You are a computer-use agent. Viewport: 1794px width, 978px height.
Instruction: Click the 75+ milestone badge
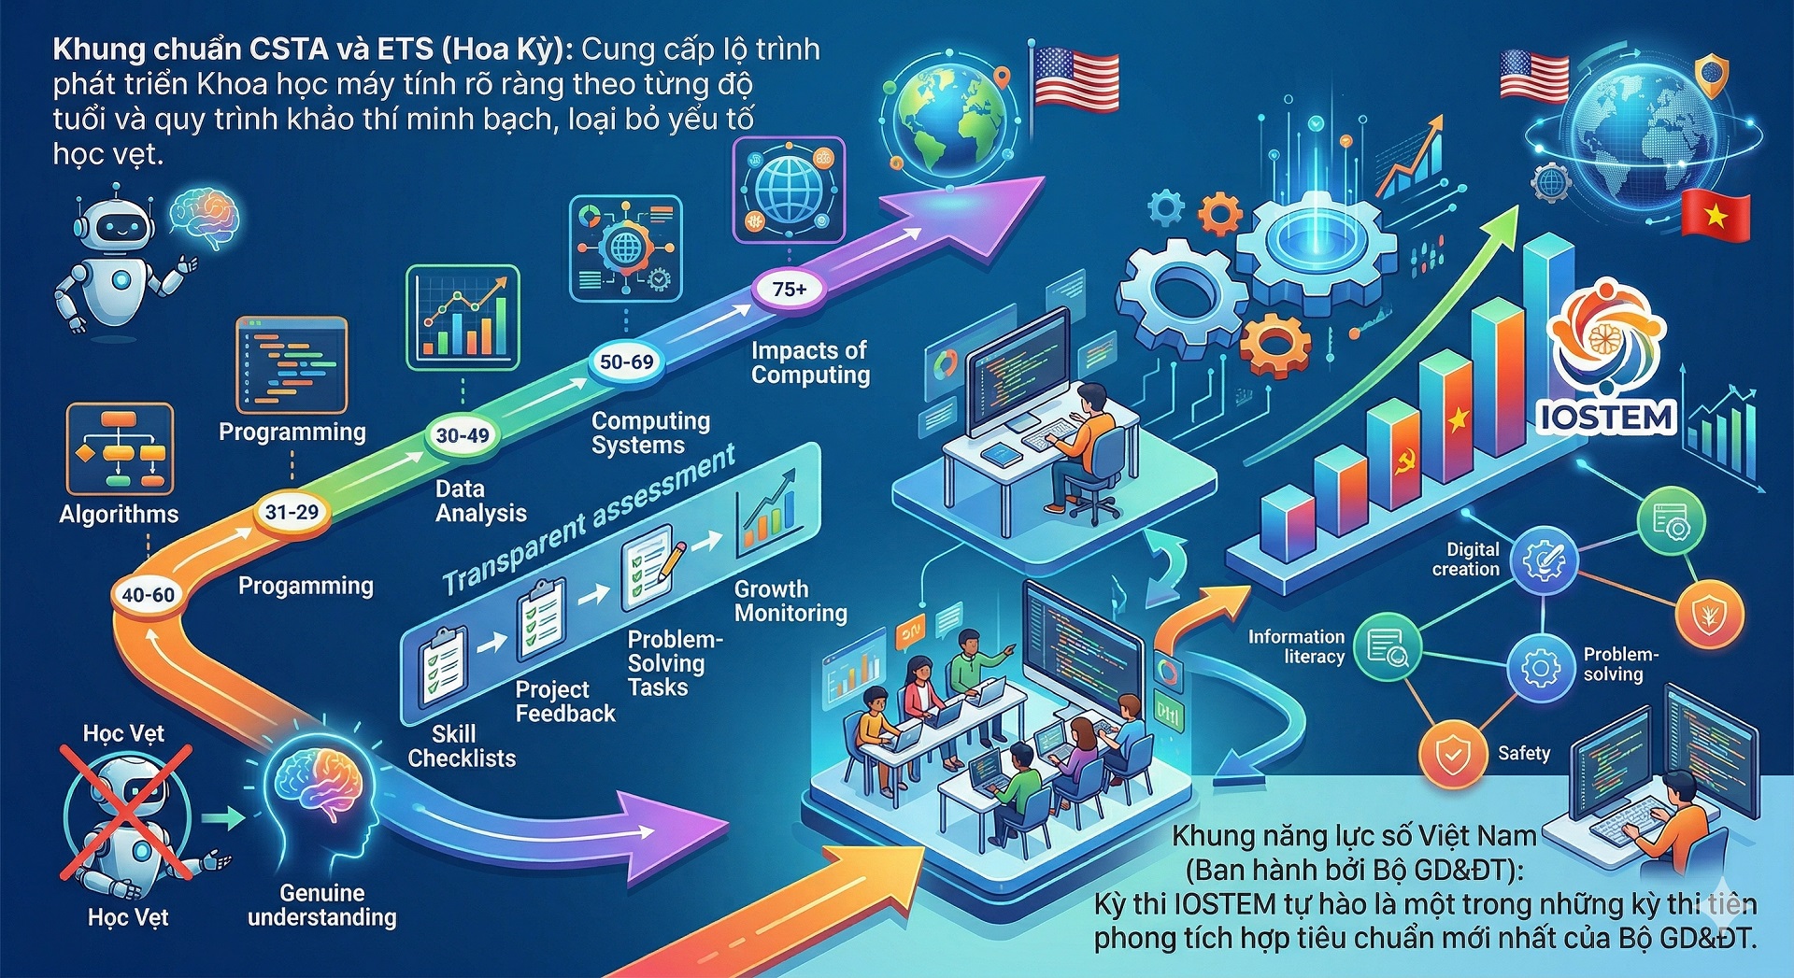(x=790, y=290)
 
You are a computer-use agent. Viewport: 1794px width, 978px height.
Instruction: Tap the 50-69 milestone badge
(x=626, y=362)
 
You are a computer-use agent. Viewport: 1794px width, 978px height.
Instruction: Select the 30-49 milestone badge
(x=463, y=435)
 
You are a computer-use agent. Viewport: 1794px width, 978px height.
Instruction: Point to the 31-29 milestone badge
(x=292, y=512)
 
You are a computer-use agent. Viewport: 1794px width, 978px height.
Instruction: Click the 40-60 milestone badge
(x=148, y=595)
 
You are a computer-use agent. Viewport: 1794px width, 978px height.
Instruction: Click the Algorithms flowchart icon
(x=120, y=449)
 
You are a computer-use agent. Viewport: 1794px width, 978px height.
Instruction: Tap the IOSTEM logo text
(x=1606, y=417)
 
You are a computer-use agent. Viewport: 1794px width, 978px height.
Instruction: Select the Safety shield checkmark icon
(x=1452, y=753)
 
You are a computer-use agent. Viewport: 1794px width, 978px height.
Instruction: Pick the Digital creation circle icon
(x=1544, y=560)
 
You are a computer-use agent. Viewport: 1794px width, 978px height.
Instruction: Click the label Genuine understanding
(x=321, y=905)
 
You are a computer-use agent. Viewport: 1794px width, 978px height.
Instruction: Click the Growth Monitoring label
(x=790, y=602)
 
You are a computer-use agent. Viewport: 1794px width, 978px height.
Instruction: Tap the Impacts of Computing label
(x=810, y=362)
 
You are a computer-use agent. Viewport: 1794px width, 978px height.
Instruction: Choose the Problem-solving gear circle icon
(x=1540, y=669)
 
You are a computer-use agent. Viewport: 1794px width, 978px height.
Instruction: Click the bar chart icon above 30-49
(x=463, y=318)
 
